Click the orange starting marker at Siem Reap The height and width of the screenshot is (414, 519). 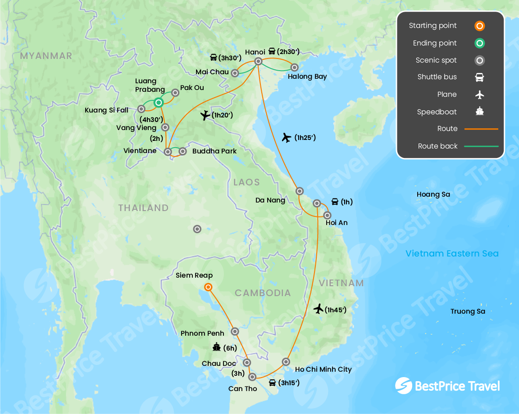(x=208, y=287)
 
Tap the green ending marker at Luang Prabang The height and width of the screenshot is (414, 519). (x=159, y=103)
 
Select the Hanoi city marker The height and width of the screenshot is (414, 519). (x=259, y=62)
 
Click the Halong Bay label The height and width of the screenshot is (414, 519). (x=307, y=76)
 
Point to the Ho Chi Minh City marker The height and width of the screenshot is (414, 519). (x=286, y=362)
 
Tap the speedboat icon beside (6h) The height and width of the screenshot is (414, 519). (x=217, y=347)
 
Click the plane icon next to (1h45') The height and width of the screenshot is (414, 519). (x=319, y=309)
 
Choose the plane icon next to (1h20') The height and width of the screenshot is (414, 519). (x=205, y=115)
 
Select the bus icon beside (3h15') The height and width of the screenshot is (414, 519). (x=272, y=383)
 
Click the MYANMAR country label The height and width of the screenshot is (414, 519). (x=46, y=56)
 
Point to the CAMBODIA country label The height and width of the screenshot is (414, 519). (x=263, y=293)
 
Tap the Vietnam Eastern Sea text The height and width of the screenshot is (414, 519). (x=452, y=253)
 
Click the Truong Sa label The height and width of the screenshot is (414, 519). (x=468, y=311)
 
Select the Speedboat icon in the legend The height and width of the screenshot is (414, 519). (x=479, y=112)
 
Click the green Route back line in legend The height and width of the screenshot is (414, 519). (x=481, y=146)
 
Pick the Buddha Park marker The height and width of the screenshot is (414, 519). (x=182, y=152)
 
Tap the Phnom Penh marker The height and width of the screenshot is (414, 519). (x=235, y=332)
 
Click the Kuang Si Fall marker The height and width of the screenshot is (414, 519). (x=141, y=109)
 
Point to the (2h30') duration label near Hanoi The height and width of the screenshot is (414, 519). (x=288, y=51)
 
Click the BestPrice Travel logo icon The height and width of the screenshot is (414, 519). (x=403, y=386)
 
